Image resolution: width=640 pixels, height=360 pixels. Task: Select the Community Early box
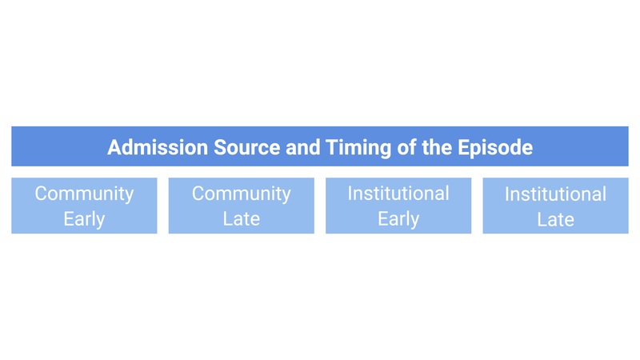coord(84,206)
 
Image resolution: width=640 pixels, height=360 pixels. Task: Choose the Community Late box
coord(241,206)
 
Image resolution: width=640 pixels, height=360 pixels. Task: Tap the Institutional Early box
coord(398,206)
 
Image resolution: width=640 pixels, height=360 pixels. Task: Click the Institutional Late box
coord(555,206)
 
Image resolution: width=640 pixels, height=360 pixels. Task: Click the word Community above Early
coord(84,194)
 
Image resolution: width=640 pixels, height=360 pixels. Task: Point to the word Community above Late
coord(241,194)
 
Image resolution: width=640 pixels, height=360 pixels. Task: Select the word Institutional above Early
coord(398,194)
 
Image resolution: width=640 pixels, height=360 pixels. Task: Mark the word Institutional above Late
coord(555,194)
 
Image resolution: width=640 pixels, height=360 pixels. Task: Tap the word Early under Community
coord(84,218)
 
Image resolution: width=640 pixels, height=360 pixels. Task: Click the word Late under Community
coord(241,218)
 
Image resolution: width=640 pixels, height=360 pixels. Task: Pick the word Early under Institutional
coord(398,218)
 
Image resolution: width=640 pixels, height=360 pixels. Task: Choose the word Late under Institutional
coord(555,219)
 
